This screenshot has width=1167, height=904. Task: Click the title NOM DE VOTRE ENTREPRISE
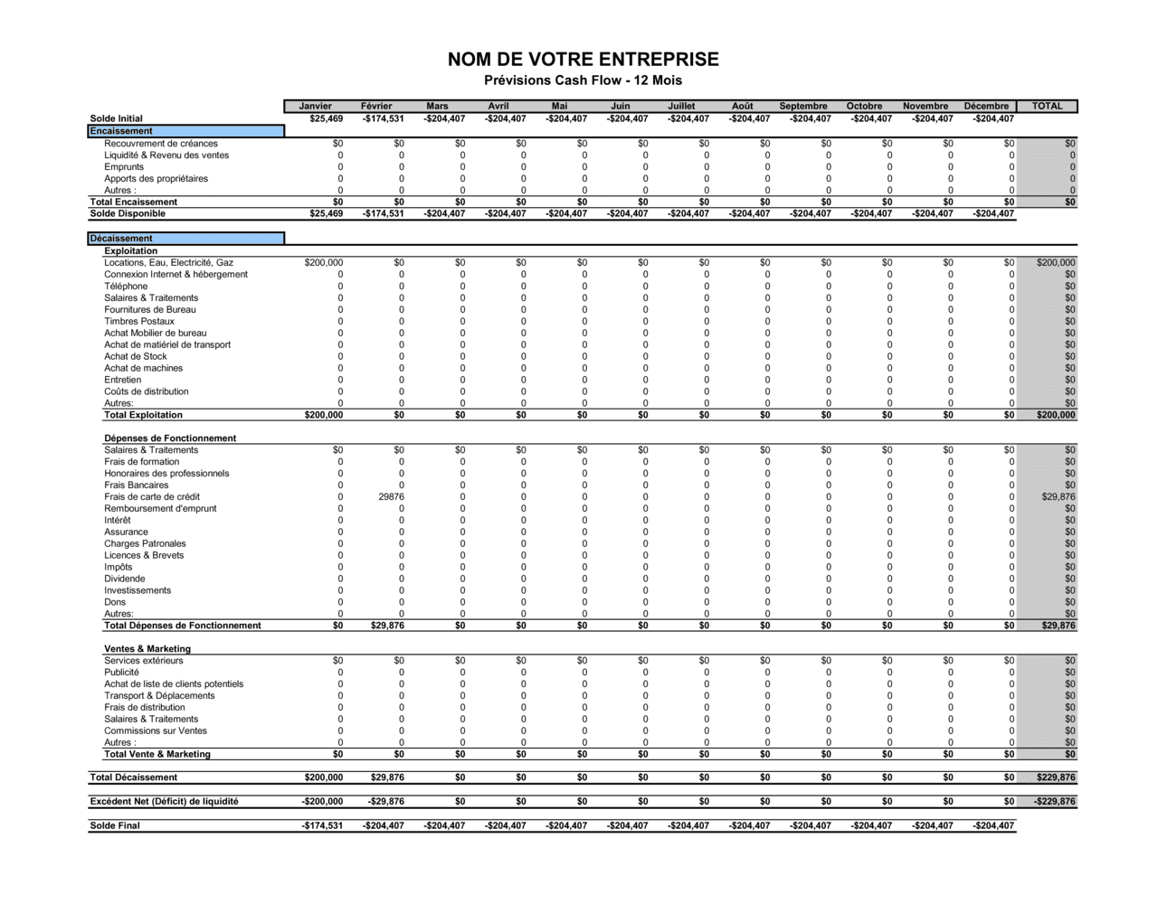(583, 60)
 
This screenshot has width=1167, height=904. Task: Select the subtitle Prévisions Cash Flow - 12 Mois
(583, 80)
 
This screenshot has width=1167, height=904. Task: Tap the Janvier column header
(315, 106)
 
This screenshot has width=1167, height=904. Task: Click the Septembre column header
(802, 106)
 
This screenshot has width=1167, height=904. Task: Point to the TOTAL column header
(1047, 106)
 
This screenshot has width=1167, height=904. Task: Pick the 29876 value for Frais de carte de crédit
(391, 496)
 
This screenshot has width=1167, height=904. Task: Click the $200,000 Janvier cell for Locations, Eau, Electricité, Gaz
(324, 262)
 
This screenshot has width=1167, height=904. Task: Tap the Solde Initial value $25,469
(326, 118)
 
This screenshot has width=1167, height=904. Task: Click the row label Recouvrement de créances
(160, 143)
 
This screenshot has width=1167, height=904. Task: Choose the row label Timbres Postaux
(138, 321)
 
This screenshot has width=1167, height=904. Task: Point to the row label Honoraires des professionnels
(166, 473)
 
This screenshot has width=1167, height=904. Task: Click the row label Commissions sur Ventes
(155, 730)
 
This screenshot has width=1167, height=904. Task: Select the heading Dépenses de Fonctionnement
(169, 438)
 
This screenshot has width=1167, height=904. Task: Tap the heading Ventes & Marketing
(147, 648)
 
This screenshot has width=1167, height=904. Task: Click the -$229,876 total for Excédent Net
(1054, 801)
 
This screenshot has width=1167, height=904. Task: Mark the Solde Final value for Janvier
(322, 825)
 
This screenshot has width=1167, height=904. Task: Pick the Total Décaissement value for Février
(387, 777)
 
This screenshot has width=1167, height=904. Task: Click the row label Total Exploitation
(143, 415)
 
